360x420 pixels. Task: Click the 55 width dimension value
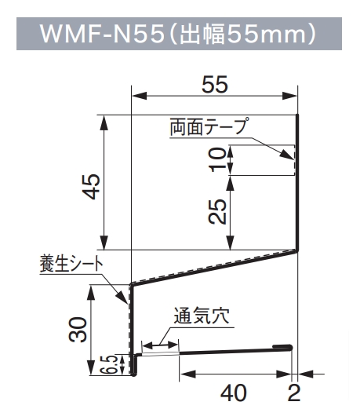point(215,85)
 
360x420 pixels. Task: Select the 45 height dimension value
point(92,187)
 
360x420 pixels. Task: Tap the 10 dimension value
point(218,160)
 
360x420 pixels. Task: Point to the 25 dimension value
point(217,211)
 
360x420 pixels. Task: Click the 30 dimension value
point(78,330)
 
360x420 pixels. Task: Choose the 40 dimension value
point(234,393)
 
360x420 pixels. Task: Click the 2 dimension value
point(294,393)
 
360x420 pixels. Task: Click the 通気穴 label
point(202,316)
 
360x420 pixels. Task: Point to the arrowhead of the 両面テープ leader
point(288,155)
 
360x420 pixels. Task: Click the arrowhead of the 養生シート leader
point(122,298)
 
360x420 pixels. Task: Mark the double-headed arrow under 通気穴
point(160,345)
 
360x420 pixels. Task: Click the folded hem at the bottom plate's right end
point(282,347)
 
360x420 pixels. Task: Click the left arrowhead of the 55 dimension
point(140,96)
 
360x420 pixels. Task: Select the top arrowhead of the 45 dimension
point(104,122)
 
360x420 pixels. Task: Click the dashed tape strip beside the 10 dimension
point(294,160)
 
